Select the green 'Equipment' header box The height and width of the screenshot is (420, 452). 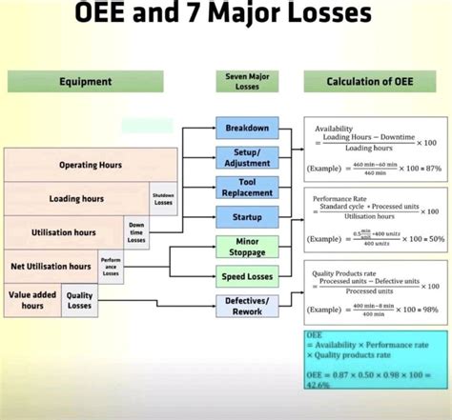[x=86, y=82]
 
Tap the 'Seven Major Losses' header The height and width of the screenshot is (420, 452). [x=247, y=82]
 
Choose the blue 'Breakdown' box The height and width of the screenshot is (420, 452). [x=247, y=128]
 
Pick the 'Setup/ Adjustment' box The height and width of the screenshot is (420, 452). [x=247, y=156]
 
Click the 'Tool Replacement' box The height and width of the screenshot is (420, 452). [x=247, y=187]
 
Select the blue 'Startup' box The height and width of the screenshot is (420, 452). [x=247, y=217]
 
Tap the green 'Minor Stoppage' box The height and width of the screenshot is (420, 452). [x=247, y=248]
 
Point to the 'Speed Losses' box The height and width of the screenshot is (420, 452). [x=247, y=278]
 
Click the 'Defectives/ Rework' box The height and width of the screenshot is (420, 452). [x=247, y=307]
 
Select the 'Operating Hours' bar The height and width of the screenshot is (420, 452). [x=90, y=165]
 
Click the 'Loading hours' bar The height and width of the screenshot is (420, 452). [x=76, y=198]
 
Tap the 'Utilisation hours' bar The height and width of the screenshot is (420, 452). [x=63, y=232]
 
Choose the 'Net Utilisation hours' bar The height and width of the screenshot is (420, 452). [x=50, y=266]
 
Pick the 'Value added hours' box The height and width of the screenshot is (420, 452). [x=32, y=300]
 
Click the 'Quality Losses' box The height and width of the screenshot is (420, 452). [x=79, y=300]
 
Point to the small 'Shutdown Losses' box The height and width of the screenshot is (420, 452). [x=163, y=198]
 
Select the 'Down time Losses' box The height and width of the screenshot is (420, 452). [x=137, y=232]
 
